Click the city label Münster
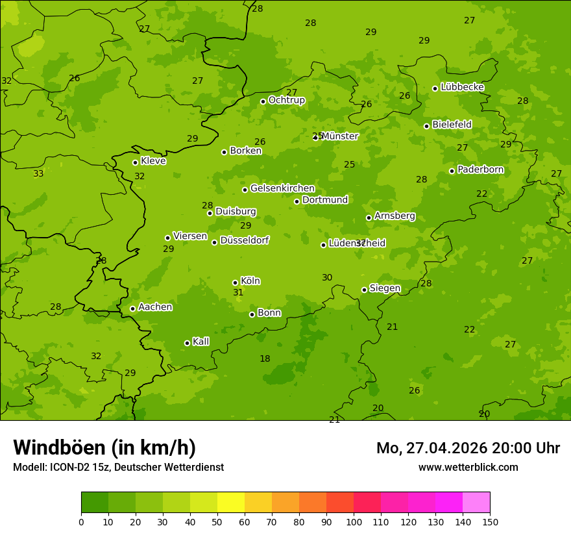pyautogui.click(x=339, y=136)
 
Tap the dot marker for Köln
pyautogui.click(x=235, y=282)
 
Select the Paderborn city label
pyautogui.click(x=480, y=169)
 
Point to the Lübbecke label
pyautogui.click(x=462, y=87)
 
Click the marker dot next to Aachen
pyautogui.click(x=132, y=308)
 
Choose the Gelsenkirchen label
pyautogui.click(x=282, y=188)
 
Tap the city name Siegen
pyautogui.click(x=385, y=288)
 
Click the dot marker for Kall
pyautogui.click(x=187, y=343)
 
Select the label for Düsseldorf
pyautogui.click(x=244, y=240)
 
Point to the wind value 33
pyautogui.click(x=38, y=173)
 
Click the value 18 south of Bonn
pyautogui.click(x=265, y=358)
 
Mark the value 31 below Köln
pyautogui.click(x=238, y=293)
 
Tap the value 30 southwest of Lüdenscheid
pyautogui.click(x=327, y=277)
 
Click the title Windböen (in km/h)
pyautogui.click(x=104, y=447)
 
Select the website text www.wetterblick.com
pyautogui.click(x=468, y=467)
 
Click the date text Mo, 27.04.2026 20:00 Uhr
pyautogui.click(x=468, y=448)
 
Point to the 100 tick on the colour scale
pyautogui.click(x=354, y=521)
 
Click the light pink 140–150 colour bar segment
pyautogui.click(x=476, y=502)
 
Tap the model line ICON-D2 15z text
pyautogui.click(x=118, y=467)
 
